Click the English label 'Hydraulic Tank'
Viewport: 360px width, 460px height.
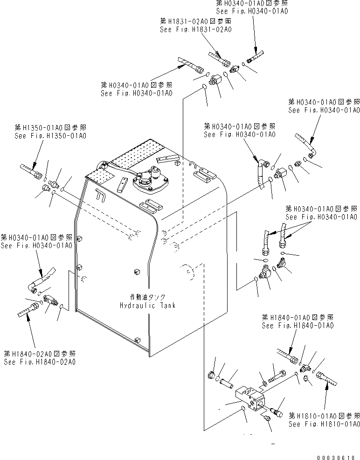[x=147, y=305]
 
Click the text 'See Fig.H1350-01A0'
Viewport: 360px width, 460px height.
[x=50, y=136]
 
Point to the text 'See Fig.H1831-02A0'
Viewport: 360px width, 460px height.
[x=196, y=29]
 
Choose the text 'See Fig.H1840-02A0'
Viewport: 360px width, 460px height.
[x=40, y=362]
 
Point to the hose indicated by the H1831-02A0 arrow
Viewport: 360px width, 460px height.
[x=218, y=59]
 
